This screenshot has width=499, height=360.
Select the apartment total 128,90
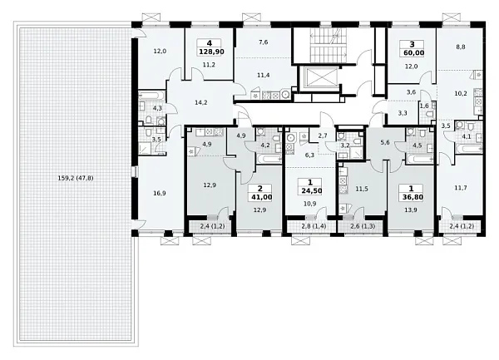(x=211, y=52)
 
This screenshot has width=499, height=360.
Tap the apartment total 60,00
(x=413, y=52)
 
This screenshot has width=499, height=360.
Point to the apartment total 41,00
(x=262, y=197)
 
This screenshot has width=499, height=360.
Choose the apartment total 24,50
(x=311, y=191)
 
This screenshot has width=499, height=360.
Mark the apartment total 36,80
(x=413, y=197)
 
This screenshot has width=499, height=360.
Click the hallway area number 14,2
(x=201, y=102)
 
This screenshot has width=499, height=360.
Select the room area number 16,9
(x=159, y=193)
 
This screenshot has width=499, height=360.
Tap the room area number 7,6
(x=263, y=42)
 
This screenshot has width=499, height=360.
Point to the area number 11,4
(x=264, y=75)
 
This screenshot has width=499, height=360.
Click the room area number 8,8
(x=461, y=47)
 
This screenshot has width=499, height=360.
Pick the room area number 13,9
(x=411, y=210)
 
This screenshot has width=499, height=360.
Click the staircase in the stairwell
(x=329, y=45)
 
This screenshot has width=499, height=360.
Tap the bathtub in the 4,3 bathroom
(x=152, y=95)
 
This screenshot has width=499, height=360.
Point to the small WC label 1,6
(x=424, y=106)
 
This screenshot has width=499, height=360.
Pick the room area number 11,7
(x=461, y=188)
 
